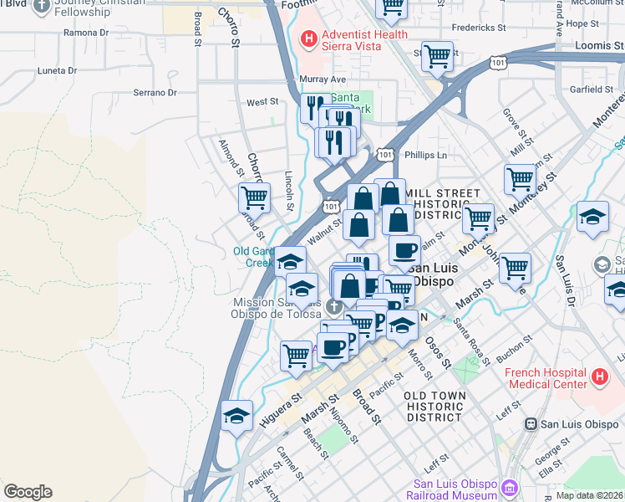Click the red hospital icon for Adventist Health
click(x=308, y=38)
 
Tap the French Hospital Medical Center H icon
click(x=598, y=377)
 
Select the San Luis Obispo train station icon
click(x=530, y=424)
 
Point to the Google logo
click(x=28, y=492)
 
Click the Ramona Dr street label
click(x=86, y=33)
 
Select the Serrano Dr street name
click(x=155, y=93)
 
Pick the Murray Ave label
click(x=316, y=79)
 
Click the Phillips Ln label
click(x=425, y=155)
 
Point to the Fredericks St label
click(x=473, y=28)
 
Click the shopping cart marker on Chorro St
click(x=254, y=199)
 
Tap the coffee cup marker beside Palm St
click(x=404, y=249)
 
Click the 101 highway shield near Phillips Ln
click(x=384, y=155)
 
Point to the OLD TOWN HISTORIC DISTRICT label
click(x=432, y=405)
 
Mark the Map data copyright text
click(x=589, y=495)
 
